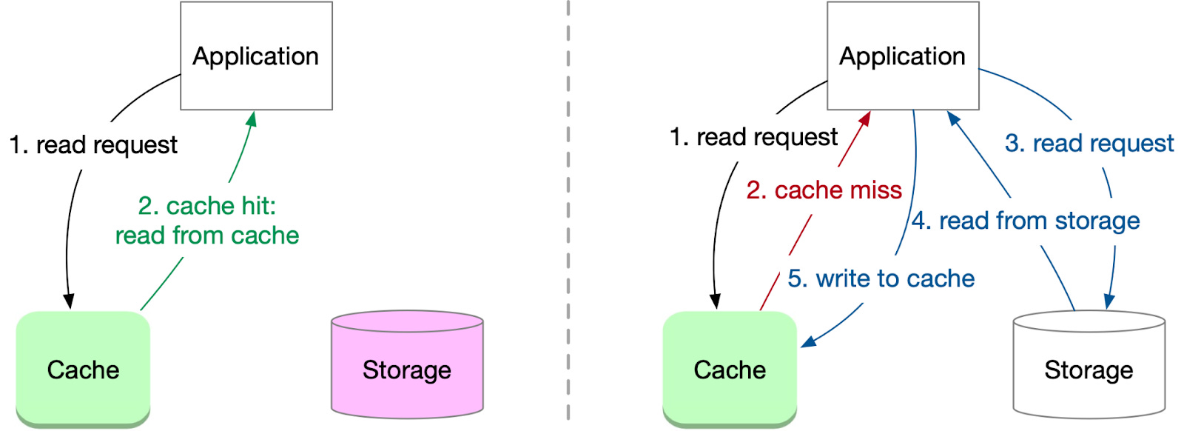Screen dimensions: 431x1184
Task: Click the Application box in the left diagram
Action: [256, 56]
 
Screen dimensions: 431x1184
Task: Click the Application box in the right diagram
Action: [902, 56]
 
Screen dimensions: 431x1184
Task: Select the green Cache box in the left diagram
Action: [83, 369]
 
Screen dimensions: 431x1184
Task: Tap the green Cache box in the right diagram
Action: [730, 369]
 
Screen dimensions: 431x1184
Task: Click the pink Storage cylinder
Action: [407, 369]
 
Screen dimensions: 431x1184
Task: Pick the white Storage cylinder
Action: [1089, 369]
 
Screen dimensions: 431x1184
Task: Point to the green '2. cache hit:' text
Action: [206, 205]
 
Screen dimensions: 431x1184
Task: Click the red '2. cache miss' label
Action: [824, 190]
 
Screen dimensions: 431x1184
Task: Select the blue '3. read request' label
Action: [1089, 143]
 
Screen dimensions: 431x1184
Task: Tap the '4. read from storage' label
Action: [1025, 221]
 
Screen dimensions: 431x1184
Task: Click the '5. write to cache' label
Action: [881, 278]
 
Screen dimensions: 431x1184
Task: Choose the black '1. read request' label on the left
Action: [93, 144]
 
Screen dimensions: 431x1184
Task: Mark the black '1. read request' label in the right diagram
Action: [753, 137]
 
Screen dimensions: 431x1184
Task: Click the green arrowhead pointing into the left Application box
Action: [252, 119]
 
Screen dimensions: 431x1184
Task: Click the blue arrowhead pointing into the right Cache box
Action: [808, 341]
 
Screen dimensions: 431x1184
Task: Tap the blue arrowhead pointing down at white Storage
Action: [1109, 301]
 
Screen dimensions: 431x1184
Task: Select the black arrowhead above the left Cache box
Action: [69, 301]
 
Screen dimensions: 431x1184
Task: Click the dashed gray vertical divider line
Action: [568, 215]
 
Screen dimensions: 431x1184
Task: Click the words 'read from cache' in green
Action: [206, 235]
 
